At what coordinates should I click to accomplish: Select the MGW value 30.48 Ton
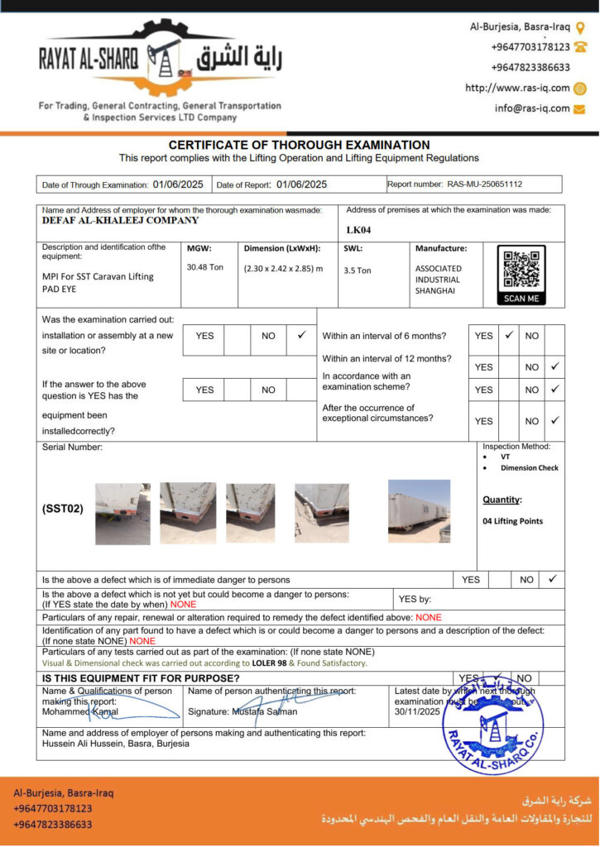tap(205, 267)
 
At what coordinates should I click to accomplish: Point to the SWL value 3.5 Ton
tap(358, 270)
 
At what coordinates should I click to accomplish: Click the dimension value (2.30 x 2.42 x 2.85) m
tap(283, 268)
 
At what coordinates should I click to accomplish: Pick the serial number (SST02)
tap(63, 509)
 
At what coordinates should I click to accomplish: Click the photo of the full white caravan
tap(419, 510)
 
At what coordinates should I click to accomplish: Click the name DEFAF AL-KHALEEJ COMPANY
tap(121, 221)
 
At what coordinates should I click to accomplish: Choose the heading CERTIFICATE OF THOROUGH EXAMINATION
tap(299, 145)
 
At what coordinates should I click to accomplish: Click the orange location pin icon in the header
tap(580, 26)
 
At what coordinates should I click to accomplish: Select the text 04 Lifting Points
tap(512, 521)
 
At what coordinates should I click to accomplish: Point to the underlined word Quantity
tap(502, 500)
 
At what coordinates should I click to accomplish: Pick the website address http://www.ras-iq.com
tap(517, 88)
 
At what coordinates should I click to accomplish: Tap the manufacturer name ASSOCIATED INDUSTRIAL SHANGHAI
tap(439, 280)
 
